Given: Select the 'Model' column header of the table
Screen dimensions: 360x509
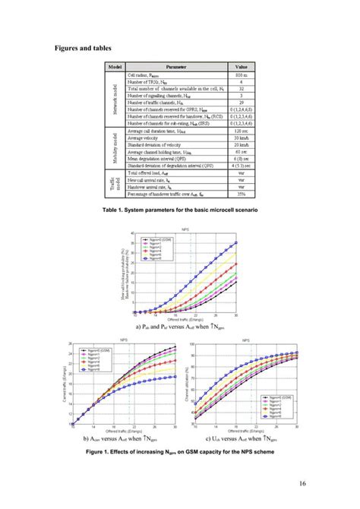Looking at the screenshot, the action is point(117,67).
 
